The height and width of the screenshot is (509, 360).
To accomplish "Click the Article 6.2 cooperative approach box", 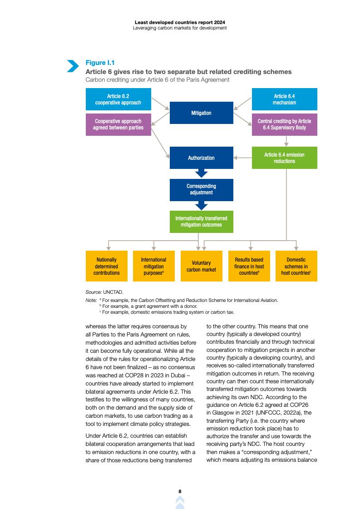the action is click(118, 99).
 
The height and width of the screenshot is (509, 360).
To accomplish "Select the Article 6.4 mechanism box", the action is click(284, 99).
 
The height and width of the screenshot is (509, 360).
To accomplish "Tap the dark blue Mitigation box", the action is click(201, 113).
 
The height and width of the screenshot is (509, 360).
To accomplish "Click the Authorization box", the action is click(201, 158).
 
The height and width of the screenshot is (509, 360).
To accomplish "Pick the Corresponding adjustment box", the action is click(201, 190).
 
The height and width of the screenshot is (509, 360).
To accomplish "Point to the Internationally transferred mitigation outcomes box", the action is click(201, 222).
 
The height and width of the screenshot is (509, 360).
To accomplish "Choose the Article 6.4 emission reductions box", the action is click(284, 158).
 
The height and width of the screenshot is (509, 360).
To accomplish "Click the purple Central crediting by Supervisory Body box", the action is click(284, 124).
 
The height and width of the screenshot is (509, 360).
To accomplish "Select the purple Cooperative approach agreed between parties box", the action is click(118, 124).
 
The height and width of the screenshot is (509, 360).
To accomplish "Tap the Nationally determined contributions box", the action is click(107, 266).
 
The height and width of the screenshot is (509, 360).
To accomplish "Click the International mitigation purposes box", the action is click(154, 266).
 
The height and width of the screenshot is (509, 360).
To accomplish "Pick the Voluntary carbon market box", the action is click(201, 266).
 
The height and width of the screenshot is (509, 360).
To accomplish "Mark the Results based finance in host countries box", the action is click(249, 266).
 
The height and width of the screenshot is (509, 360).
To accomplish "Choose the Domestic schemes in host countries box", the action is click(296, 266).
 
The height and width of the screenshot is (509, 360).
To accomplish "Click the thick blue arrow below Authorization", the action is click(201, 173).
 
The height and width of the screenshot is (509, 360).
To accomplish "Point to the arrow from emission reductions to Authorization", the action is click(242, 158).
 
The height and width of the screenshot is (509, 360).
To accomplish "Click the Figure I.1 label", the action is click(100, 63).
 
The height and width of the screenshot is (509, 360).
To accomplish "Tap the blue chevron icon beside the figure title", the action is click(73, 66).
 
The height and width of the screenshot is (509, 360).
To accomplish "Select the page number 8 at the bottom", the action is click(180, 491).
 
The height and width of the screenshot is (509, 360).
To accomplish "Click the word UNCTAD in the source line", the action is click(113, 292).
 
